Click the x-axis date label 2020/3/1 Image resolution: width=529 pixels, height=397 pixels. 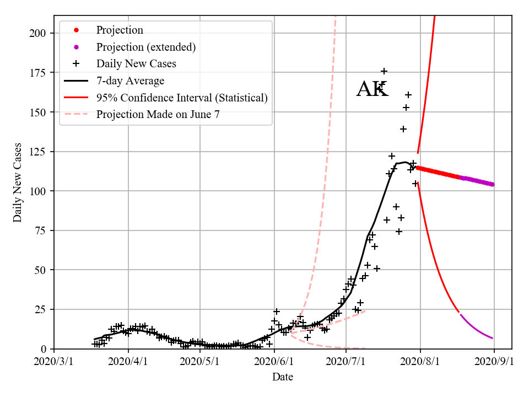pos(54,362)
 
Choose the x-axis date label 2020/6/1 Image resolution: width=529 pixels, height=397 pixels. pos(274,362)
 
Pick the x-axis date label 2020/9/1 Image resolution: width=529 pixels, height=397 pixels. pos(494,362)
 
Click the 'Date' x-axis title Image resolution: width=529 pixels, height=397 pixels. pos(283,377)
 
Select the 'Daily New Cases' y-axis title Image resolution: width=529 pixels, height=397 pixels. pos(18,183)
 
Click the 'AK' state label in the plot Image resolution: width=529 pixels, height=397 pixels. pos(372,89)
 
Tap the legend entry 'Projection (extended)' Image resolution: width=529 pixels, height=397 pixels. pos(145,47)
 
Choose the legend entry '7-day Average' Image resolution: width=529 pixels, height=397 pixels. pos(130,81)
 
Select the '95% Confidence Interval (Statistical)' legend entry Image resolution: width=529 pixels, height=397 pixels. pos(182,98)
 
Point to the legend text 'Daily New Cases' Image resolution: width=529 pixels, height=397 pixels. pos(136,64)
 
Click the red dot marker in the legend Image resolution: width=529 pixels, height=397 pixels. pos(76,30)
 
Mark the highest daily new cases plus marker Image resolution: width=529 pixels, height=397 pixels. pos(384,71)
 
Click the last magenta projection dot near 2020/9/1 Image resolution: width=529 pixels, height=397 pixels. pos(492,185)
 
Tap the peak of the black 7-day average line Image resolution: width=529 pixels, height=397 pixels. pos(405,162)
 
